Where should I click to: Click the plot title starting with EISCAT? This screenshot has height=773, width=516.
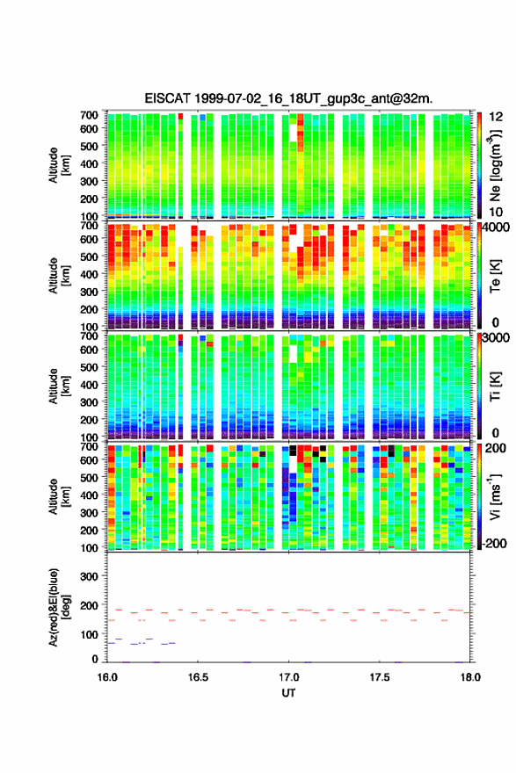coord(288,98)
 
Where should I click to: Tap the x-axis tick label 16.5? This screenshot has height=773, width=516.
coord(198,677)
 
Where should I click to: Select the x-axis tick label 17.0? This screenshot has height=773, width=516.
coord(288,677)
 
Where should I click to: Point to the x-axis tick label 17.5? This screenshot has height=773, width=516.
coord(380,677)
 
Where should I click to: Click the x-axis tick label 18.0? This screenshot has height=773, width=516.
coord(470,677)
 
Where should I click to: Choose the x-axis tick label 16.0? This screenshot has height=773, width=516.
coord(107,677)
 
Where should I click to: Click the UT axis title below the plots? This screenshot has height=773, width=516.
coord(288,693)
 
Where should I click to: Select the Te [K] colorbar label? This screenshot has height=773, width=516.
coord(495,276)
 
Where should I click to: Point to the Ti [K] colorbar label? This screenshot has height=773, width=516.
coord(495,386)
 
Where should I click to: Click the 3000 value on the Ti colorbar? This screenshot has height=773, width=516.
coord(497,338)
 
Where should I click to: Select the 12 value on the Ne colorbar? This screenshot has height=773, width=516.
coord(497,117)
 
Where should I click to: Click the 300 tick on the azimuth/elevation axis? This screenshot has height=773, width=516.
coord(90,576)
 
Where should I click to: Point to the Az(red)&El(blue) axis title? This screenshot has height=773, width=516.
coord(59,607)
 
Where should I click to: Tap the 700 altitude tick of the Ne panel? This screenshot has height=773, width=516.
coord(90,115)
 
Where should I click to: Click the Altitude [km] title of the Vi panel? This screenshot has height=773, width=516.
coord(59,496)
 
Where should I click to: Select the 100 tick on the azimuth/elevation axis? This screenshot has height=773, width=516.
coord(90,634)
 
